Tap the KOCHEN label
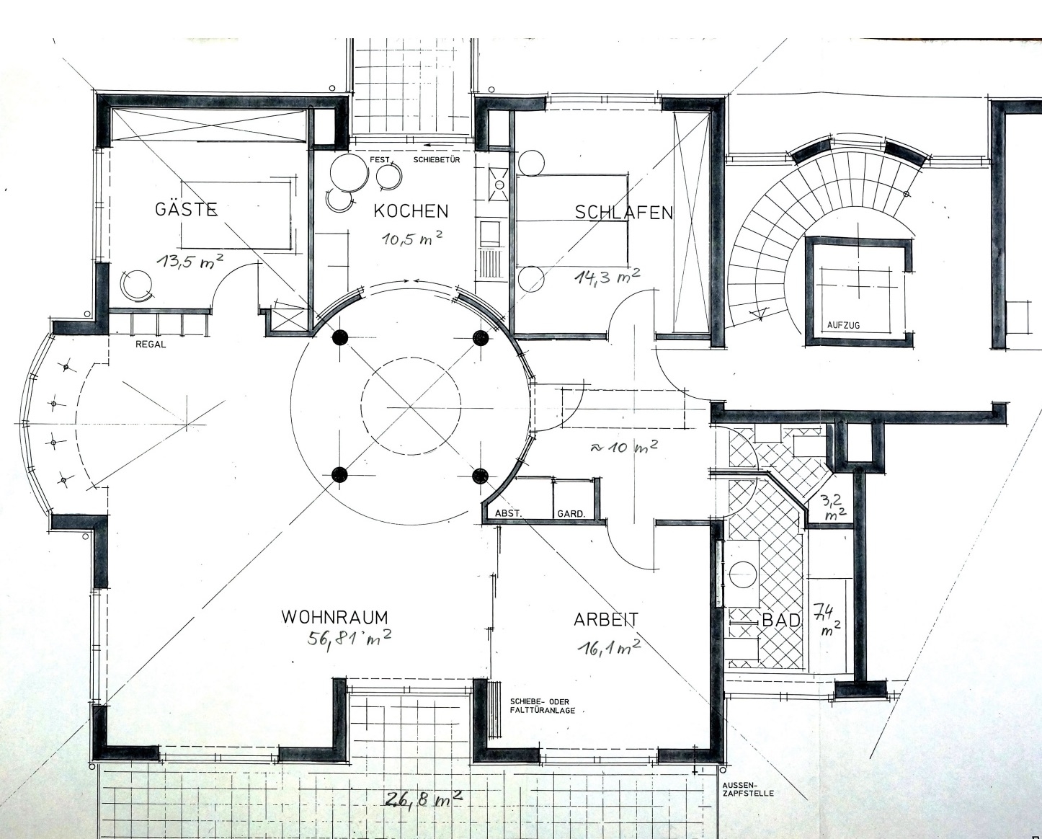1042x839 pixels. tap(411, 211)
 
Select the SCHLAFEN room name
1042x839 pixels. tap(624, 213)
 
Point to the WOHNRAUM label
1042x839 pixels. tap(334, 617)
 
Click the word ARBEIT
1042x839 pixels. tap(606, 620)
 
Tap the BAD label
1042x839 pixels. tap(780, 621)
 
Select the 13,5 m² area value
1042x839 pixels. tap(190, 263)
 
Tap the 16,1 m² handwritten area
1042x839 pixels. tap(610, 647)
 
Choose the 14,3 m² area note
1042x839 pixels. tap(607, 276)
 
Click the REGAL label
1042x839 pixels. tap(151, 345)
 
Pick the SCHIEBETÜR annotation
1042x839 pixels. tap(436, 160)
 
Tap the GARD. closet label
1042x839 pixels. tap(571, 514)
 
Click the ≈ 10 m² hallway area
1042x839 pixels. tap(623, 447)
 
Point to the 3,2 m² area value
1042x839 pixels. tap(832, 506)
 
